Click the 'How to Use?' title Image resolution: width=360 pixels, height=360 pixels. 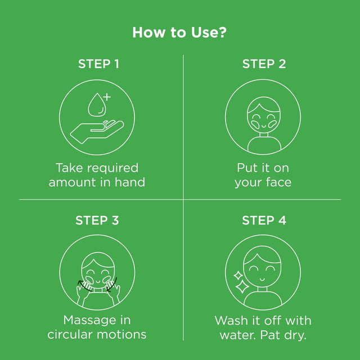[179, 33]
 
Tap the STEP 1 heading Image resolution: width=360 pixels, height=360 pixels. [98, 64]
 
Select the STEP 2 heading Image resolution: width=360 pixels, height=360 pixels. [264, 64]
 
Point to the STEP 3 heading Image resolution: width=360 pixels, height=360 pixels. [97, 220]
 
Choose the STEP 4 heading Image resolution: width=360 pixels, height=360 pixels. [264, 220]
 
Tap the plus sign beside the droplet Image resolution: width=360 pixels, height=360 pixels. [107, 97]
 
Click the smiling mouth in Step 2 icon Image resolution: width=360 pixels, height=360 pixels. [264, 126]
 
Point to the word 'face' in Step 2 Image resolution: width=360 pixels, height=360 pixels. [279, 182]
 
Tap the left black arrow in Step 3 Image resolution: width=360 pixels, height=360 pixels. [84, 286]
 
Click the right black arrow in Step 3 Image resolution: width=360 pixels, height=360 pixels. [112, 285]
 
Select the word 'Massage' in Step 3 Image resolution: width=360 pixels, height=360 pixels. [90, 321]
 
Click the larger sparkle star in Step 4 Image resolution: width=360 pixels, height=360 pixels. [242, 287]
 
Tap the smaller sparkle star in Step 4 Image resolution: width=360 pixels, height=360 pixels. [238, 276]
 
